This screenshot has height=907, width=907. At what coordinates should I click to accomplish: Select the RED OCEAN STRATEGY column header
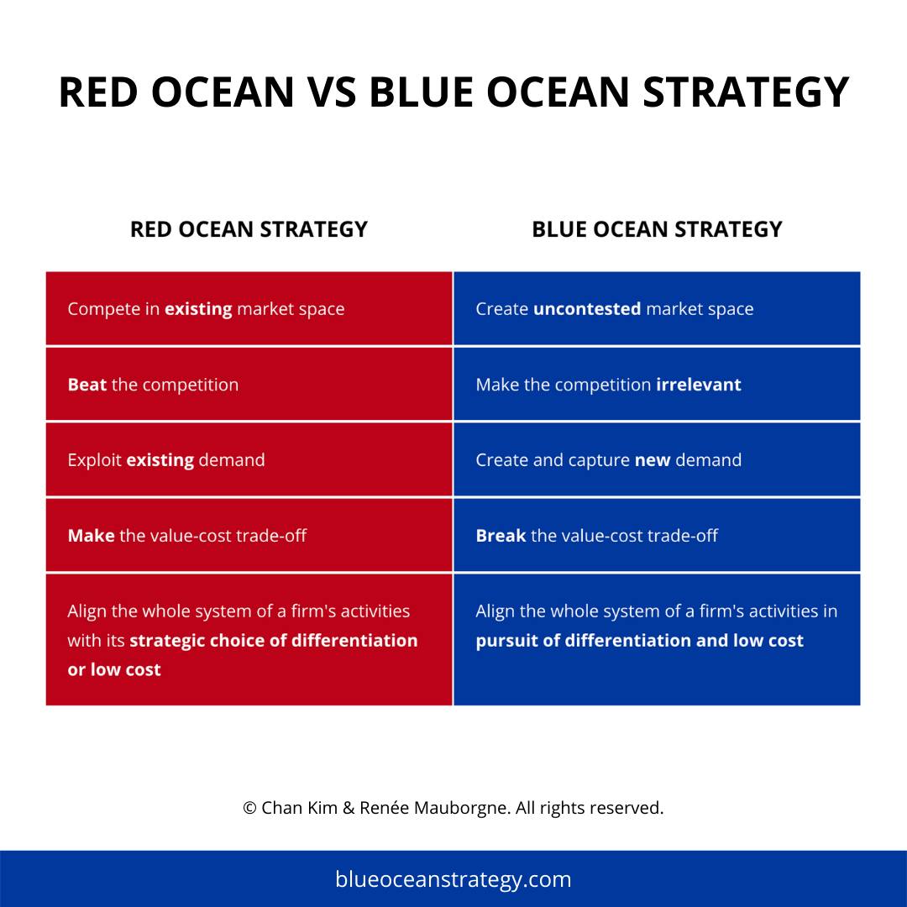[249, 229]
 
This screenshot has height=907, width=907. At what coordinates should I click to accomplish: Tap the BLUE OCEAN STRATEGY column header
[657, 229]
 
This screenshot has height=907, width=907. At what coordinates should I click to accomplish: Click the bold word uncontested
[587, 309]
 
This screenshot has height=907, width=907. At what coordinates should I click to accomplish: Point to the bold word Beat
[87, 385]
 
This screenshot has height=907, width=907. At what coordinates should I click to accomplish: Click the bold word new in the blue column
[653, 460]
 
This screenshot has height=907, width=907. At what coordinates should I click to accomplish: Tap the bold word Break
[501, 536]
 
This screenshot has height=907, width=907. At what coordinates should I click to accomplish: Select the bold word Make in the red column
[91, 536]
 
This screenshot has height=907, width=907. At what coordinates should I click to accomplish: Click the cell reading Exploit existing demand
[249, 460]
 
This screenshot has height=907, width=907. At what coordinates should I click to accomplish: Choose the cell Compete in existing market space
[249, 309]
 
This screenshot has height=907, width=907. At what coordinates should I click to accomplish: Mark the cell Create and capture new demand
[657, 460]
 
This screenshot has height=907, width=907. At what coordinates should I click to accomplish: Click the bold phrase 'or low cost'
[114, 670]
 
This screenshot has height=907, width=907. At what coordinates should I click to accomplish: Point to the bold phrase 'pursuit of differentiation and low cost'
[639, 641]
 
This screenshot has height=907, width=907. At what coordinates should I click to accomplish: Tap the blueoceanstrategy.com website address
[453, 879]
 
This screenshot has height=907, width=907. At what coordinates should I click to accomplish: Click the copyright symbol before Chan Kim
[249, 808]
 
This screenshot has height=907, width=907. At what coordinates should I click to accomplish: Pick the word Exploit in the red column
[94, 460]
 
